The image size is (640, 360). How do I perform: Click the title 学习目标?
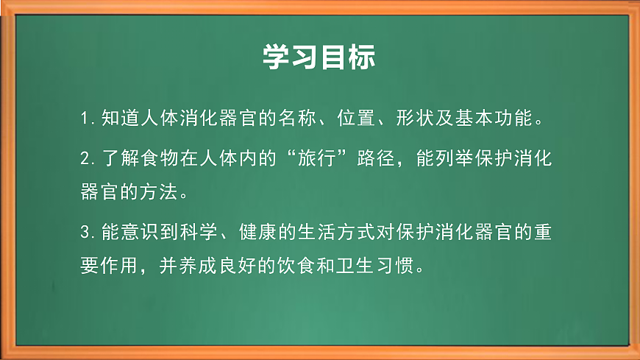click(x=319, y=57)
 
